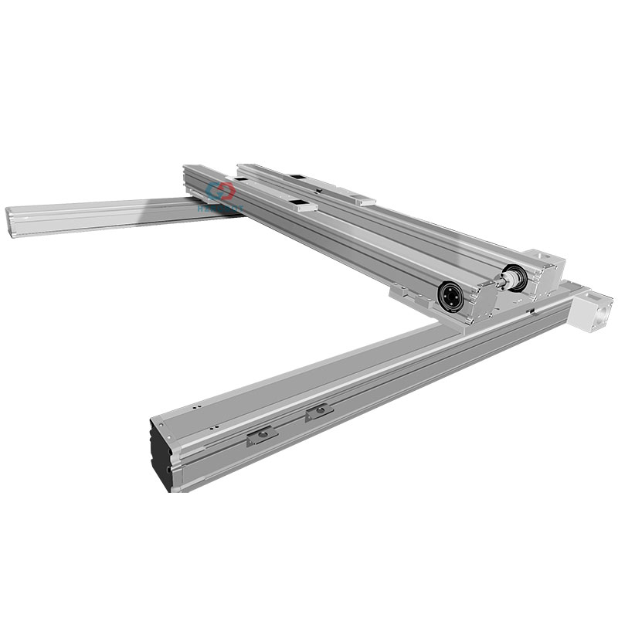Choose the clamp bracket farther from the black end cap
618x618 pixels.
tap(318, 413)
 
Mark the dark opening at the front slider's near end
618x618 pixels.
tap(299, 205)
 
